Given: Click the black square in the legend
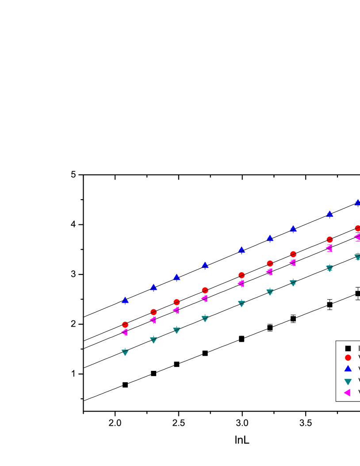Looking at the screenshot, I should [348, 348].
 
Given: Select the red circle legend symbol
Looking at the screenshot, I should [348, 358].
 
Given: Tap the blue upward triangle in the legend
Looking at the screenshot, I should [348, 368].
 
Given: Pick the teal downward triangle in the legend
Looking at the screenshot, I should [348, 381].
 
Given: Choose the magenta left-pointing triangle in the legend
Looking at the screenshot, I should [347, 393].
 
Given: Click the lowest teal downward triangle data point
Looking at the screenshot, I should [125, 352].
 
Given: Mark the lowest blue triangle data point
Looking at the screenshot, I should [125, 300].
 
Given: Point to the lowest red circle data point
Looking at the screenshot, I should [125, 325].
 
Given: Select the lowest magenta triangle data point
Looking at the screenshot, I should [125, 332].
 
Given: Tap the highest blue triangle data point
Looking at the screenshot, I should [357, 202].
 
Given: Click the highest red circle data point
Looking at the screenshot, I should [357, 228].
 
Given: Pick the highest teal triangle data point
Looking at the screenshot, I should [357, 257].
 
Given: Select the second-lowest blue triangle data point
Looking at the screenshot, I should [153, 287].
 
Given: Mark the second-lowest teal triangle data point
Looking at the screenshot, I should [153, 339].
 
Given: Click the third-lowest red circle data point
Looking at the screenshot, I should [176, 302].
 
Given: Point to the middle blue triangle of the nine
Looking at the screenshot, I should [241, 250].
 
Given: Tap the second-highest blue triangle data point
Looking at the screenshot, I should [329, 214].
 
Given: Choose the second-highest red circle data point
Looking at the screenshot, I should [329, 239].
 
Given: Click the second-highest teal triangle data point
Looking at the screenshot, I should [329, 268].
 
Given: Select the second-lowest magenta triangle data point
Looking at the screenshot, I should [153, 320].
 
